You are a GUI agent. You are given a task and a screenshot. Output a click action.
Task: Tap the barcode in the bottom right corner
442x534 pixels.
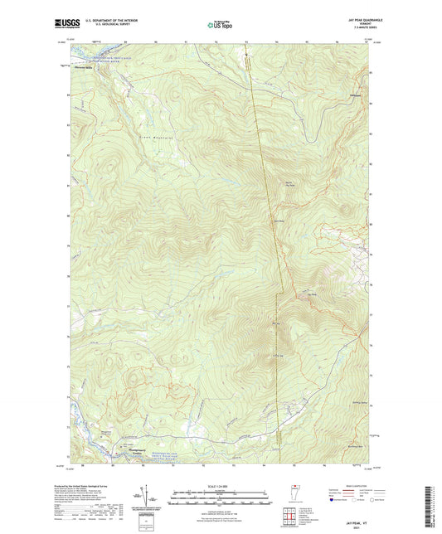tap(432, 502)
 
